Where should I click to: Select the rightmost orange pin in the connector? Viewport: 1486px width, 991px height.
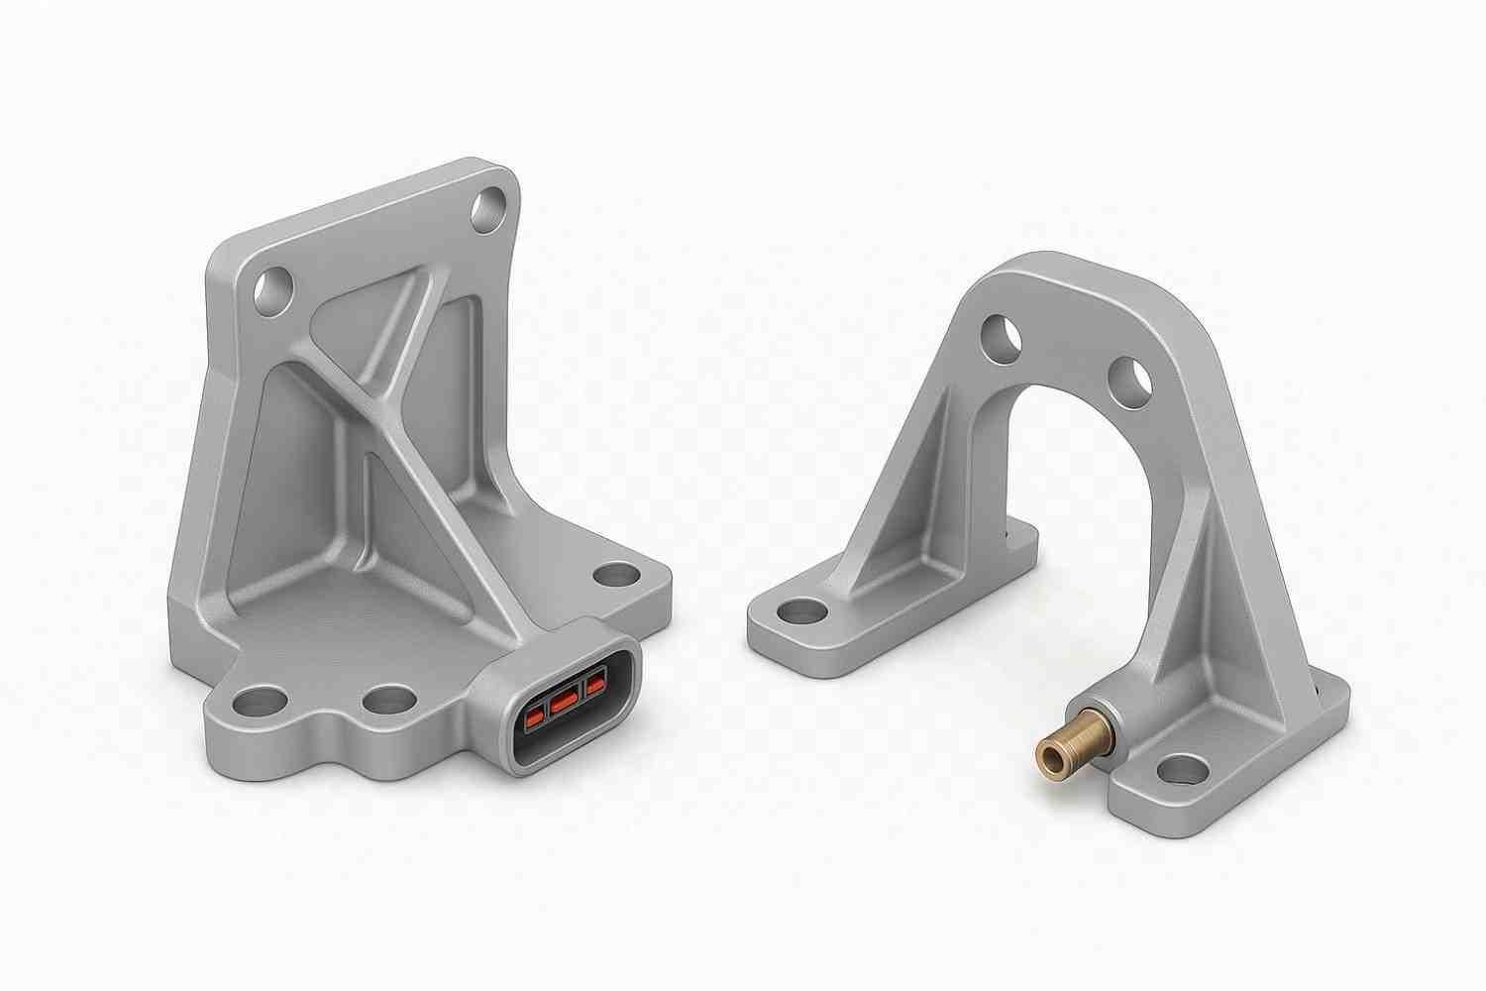(x=595, y=685)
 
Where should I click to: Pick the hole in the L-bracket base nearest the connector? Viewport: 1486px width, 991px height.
(x=388, y=700)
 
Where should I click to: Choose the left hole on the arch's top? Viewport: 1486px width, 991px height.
(x=1001, y=336)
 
